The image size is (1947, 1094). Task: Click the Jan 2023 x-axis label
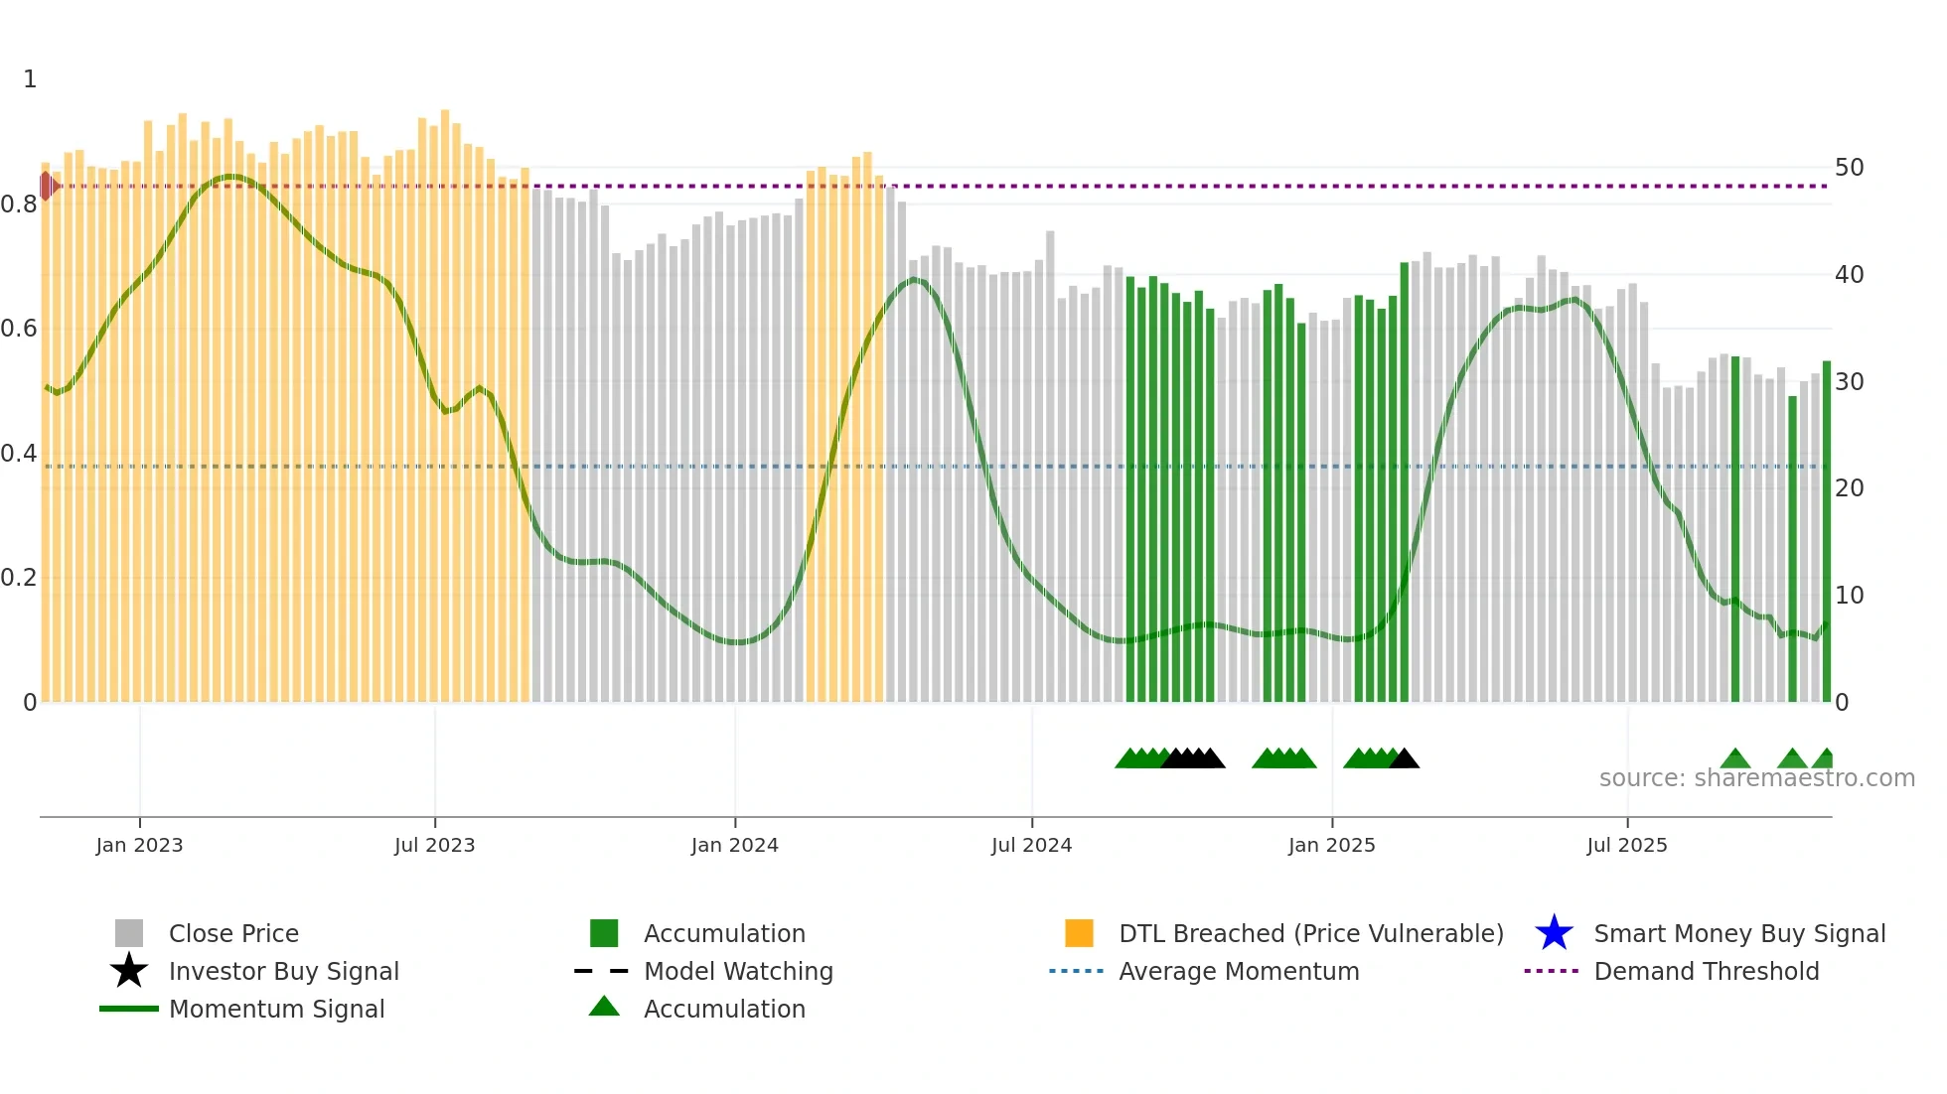139,845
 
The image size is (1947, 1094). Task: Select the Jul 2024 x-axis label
1031,845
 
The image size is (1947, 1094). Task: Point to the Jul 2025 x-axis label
1626,845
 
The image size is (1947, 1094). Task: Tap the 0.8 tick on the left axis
19,205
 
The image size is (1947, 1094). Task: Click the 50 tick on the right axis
1849,167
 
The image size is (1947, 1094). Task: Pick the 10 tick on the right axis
1849,595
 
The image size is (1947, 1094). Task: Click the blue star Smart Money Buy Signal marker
1554,933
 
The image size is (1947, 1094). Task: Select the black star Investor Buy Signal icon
129,971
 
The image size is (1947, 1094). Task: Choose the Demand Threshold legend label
1706,971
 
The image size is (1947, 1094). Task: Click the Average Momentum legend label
1239,971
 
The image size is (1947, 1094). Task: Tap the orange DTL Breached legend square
1079,933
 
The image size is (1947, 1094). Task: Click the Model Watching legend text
738,971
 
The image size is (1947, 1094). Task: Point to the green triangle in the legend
604,1007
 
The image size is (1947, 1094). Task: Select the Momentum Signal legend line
129,1009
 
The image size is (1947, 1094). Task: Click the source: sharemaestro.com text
1756,778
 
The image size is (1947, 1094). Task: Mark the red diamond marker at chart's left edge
47,186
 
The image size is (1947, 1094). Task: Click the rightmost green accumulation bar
1826,531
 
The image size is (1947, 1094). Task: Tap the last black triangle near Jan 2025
1405,759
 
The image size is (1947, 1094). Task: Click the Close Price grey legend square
129,933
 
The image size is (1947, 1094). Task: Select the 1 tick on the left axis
30,79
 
